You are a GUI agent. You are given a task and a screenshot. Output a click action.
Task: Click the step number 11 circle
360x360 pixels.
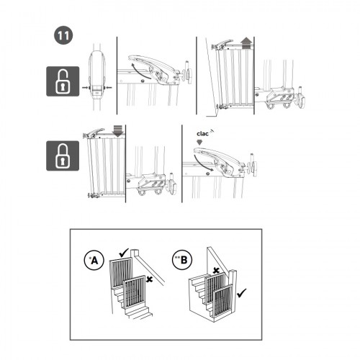(63, 35)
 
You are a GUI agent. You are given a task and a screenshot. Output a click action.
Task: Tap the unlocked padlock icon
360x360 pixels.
(63, 81)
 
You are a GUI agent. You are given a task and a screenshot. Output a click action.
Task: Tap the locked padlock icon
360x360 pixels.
(63, 156)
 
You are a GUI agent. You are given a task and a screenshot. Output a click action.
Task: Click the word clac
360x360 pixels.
(202, 134)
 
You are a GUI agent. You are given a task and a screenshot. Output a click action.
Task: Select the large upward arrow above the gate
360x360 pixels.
(246, 43)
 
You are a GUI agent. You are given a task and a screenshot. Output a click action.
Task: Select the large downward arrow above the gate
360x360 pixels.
(117, 131)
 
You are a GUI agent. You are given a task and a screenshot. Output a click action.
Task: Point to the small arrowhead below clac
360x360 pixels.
(199, 143)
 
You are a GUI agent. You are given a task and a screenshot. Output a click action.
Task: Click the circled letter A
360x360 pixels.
(94, 260)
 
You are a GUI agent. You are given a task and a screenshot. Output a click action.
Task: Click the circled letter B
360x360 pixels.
(183, 260)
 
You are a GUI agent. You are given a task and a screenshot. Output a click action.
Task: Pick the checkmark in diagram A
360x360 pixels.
(124, 253)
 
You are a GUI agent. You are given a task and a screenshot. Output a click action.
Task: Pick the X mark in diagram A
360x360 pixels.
(150, 279)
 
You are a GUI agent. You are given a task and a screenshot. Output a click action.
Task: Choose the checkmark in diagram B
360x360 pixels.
(241, 293)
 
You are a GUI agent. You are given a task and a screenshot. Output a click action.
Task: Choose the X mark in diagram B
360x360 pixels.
(216, 271)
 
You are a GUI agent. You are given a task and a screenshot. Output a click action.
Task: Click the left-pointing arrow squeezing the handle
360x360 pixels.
(109, 88)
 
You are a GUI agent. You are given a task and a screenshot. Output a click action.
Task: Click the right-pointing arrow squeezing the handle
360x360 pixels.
(85, 88)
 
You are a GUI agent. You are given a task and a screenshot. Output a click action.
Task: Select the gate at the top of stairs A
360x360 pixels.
(121, 272)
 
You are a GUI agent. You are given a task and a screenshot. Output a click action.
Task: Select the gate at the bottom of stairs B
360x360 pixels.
(223, 302)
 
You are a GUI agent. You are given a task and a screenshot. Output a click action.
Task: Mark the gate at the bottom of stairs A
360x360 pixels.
(135, 292)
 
